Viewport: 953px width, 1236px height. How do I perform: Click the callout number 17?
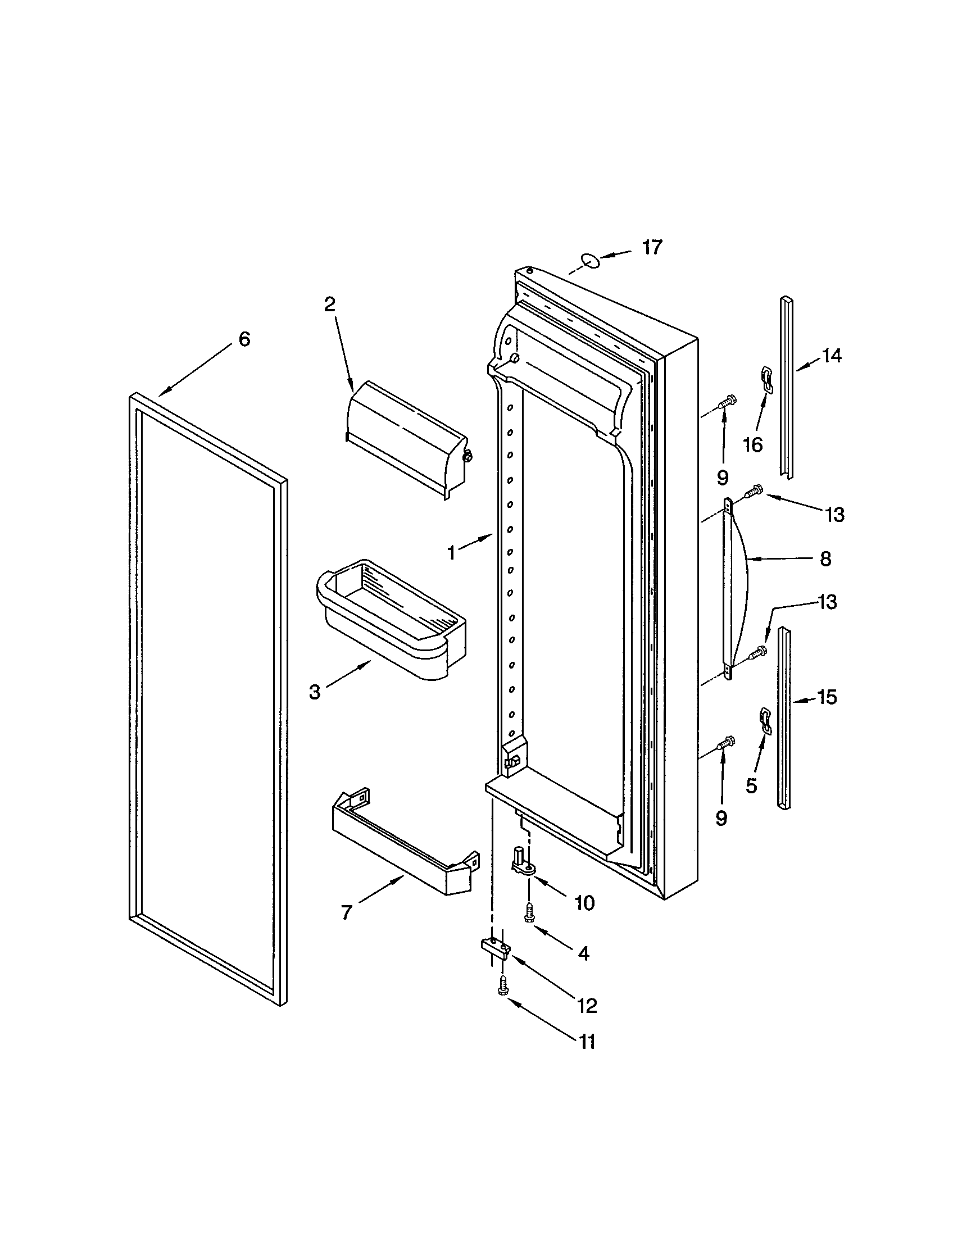click(x=652, y=247)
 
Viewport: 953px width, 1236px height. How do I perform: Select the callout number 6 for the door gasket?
click(x=244, y=339)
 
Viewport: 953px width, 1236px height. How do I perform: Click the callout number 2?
click(x=329, y=305)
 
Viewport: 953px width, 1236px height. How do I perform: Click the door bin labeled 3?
click(x=391, y=620)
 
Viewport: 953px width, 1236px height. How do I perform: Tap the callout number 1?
click(x=451, y=552)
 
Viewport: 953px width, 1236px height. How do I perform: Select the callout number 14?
click(x=831, y=356)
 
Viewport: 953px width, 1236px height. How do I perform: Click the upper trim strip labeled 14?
click(x=786, y=388)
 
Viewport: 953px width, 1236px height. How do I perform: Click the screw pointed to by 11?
click(x=501, y=986)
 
